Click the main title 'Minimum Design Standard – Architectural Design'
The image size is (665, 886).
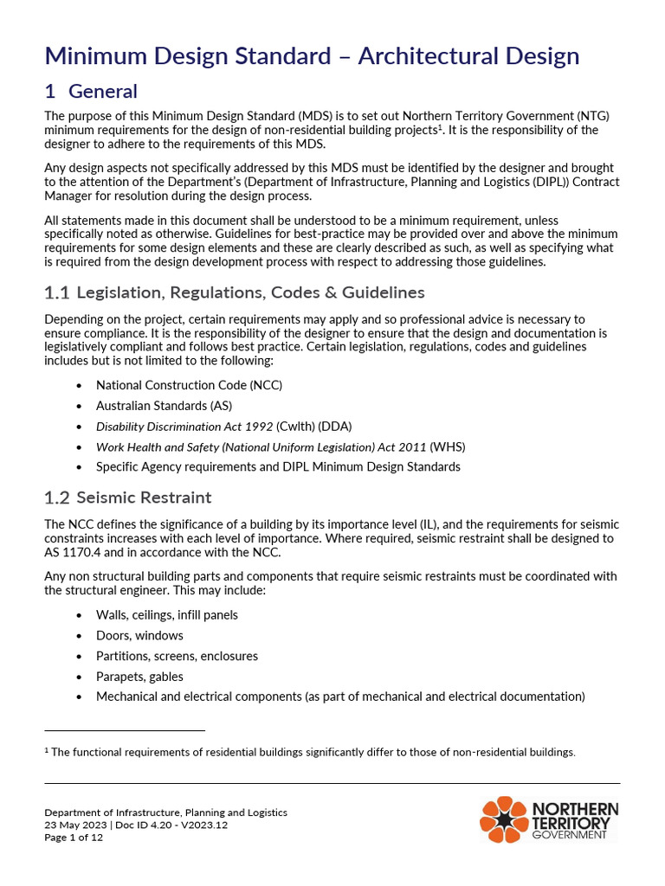pyautogui.click(x=312, y=56)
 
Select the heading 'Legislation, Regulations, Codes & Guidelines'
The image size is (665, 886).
pyautogui.click(x=250, y=293)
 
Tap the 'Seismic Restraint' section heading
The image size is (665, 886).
pyautogui.click(x=144, y=498)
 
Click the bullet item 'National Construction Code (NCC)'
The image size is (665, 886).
pyautogui.click(x=189, y=385)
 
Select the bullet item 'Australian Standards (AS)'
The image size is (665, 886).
pyautogui.click(x=164, y=405)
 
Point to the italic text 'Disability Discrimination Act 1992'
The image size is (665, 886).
pyautogui.click(x=184, y=427)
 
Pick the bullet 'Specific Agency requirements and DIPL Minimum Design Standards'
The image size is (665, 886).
pyautogui.click(x=278, y=467)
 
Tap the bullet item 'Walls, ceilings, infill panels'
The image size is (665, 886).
pyautogui.click(x=166, y=615)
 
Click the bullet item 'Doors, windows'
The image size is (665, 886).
pyautogui.click(x=139, y=636)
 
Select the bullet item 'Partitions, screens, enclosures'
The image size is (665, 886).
pyautogui.click(x=177, y=656)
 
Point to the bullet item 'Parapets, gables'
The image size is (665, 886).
pyautogui.click(x=139, y=677)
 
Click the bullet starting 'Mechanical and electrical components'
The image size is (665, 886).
pyautogui.click(x=340, y=697)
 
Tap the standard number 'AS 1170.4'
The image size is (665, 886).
pyautogui.click(x=73, y=552)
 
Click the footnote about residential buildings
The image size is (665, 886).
pyautogui.click(x=313, y=753)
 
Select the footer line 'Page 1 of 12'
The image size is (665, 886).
pyautogui.click(x=74, y=838)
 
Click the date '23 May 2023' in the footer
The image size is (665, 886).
pyautogui.click(x=75, y=825)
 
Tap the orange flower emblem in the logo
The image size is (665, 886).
pyautogui.click(x=503, y=819)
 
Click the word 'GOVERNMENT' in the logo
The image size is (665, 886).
pyautogui.click(x=569, y=836)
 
